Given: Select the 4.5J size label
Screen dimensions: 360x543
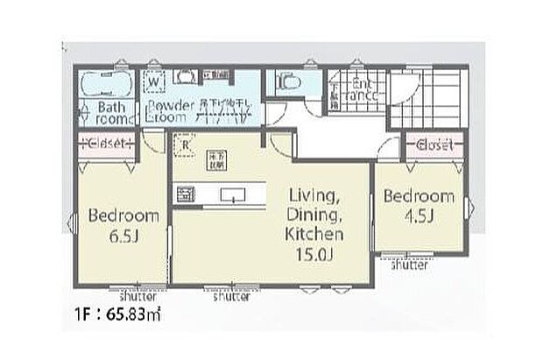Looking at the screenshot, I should [419, 214].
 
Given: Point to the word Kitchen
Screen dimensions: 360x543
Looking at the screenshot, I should [314, 234].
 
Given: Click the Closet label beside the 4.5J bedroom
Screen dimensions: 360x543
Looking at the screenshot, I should [433, 145].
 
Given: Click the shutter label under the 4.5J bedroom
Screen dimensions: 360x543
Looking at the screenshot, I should [409, 265].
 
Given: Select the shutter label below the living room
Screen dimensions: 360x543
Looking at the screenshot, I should [232, 296].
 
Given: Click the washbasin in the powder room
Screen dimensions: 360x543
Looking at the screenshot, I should [185, 76].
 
